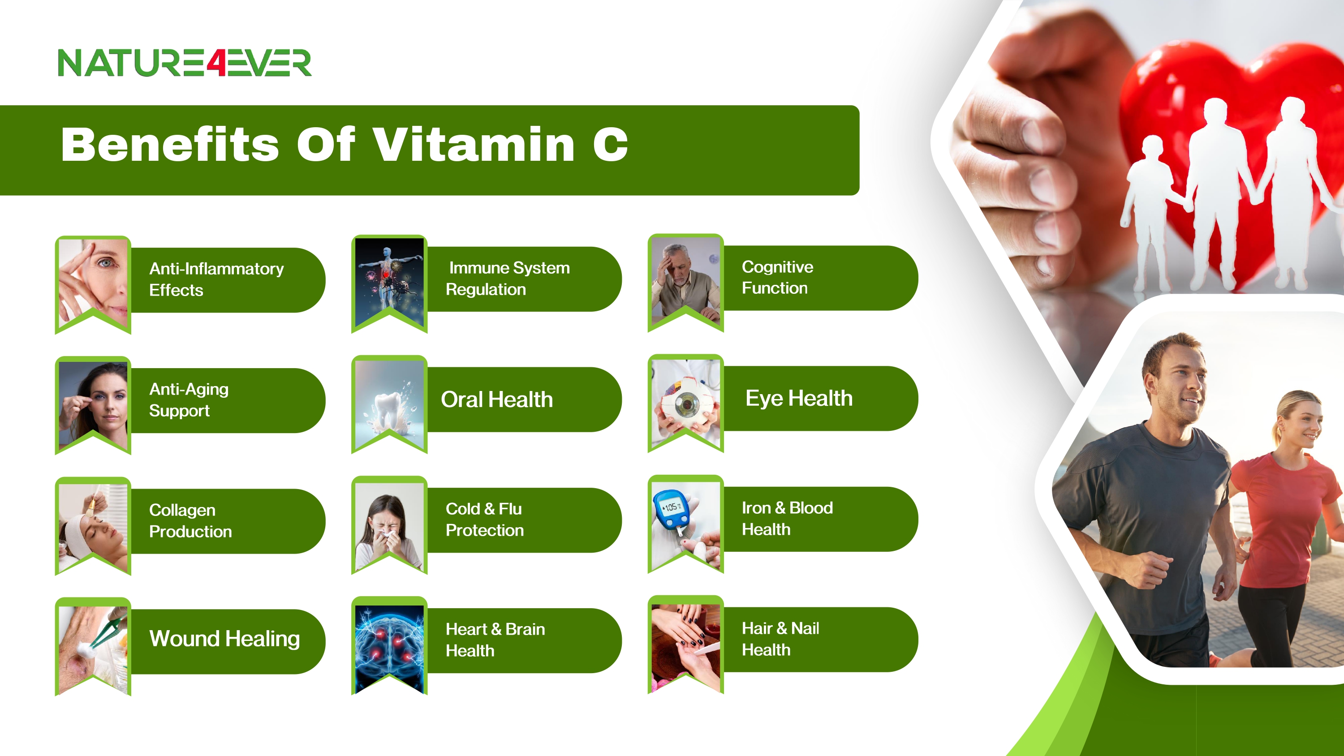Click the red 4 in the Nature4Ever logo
click(x=216, y=63)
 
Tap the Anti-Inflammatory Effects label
click(x=216, y=279)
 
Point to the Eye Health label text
click(x=799, y=398)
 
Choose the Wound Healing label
click(x=224, y=639)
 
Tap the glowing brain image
click(x=389, y=649)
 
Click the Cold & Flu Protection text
click(x=484, y=519)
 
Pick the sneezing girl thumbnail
click(x=389, y=527)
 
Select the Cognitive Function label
click(x=777, y=277)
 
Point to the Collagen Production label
click(x=190, y=520)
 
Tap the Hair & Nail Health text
click(x=780, y=639)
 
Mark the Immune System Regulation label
click(x=508, y=278)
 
